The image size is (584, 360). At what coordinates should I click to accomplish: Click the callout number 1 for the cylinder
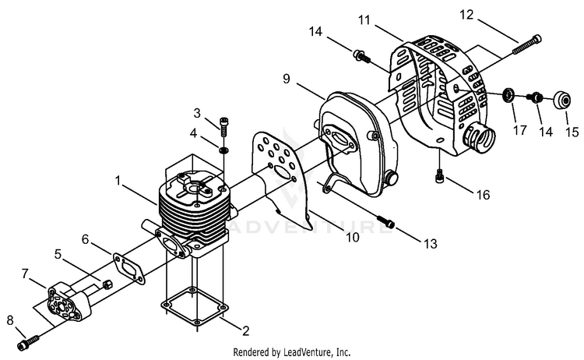coord(118,181)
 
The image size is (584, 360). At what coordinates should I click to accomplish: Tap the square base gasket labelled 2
coord(194,305)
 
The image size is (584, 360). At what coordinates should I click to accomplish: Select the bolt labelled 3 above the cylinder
coord(223,126)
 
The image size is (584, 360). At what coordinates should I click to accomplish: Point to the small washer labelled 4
coord(223,150)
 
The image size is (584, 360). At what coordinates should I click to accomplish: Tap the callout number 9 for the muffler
coord(286,79)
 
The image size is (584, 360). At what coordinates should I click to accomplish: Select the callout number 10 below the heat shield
coord(353,237)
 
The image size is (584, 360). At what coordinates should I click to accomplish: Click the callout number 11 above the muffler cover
coord(364,19)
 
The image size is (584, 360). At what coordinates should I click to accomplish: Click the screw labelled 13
coord(386,221)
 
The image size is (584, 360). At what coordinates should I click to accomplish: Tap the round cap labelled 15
coord(561,100)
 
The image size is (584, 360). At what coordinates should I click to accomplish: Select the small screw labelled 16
coord(439,176)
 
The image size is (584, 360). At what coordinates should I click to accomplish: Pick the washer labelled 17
coord(508,94)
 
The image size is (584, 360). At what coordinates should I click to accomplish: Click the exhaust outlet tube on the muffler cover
coord(479,136)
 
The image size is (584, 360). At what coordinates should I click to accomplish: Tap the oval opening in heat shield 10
coord(282,171)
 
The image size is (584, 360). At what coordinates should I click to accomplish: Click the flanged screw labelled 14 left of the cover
coord(361,56)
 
